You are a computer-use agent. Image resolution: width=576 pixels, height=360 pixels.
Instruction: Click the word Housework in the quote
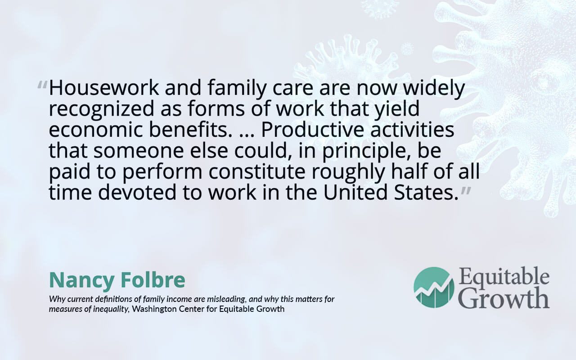tap(104, 88)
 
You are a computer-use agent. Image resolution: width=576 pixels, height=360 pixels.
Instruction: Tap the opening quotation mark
tap(42, 85)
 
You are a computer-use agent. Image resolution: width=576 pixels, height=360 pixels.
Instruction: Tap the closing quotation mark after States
tap(466, 191)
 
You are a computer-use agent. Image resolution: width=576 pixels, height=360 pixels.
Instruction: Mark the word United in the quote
tap(355, 193)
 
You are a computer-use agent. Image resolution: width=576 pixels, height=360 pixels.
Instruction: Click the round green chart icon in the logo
tap(434, 287)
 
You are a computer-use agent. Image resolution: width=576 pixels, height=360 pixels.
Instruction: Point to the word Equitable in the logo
tap(504, 278)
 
